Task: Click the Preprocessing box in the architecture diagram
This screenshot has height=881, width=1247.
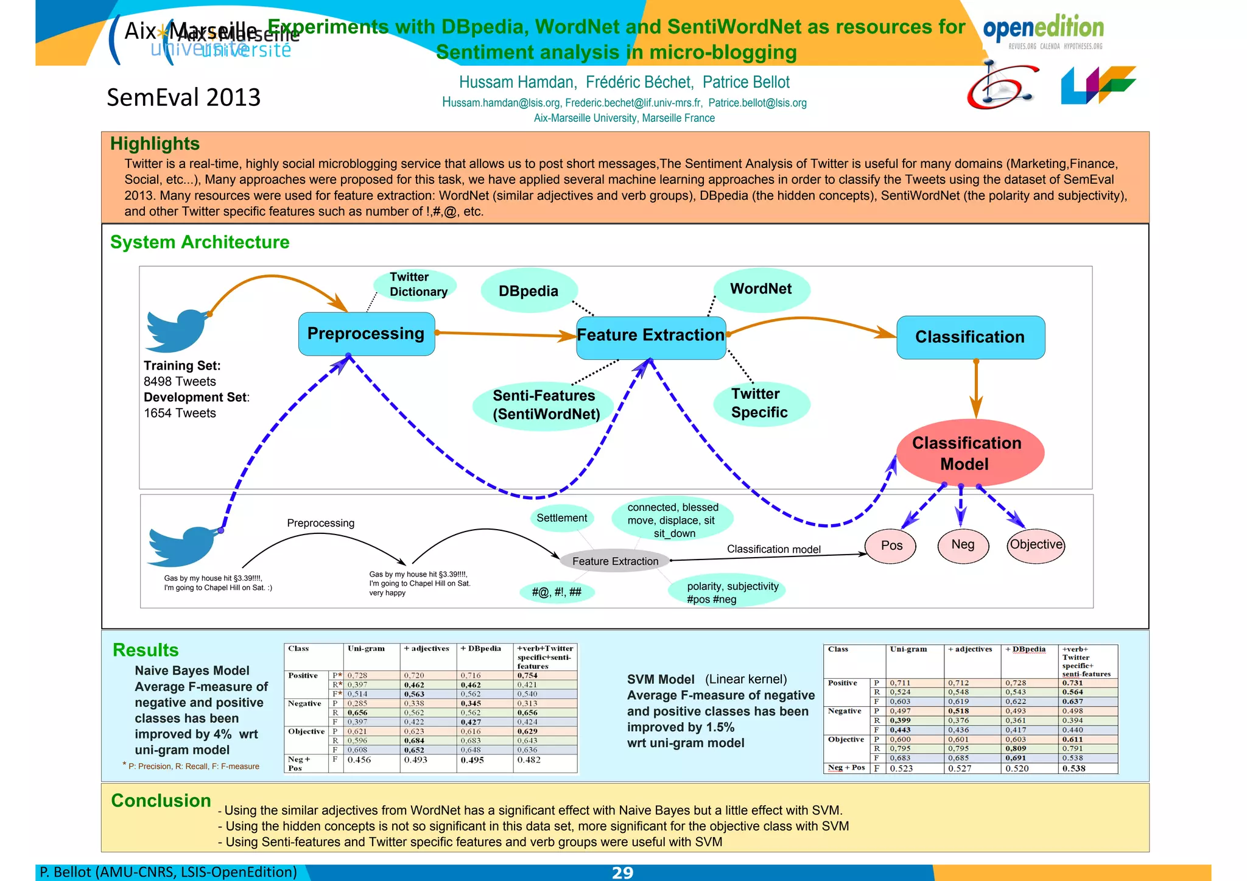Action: pyautogui.click(x=366, y=334)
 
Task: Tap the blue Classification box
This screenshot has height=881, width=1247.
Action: pyautogui.click(x=970, y=337)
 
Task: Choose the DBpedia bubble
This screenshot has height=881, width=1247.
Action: pyautogui.click(x=528, y=291)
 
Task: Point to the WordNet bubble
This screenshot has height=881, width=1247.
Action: pyautogui.click(x=761, y=289)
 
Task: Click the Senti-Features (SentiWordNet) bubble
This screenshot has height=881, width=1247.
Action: pyautogui.click(x=546, y=405)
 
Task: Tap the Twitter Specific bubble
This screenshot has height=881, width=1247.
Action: pyautogui.click(x=760, y=403)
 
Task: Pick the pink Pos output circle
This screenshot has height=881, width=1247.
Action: pyautogui.click(x=891, y=546)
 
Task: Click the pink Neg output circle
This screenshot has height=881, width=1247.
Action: pyautogui.click(x=963, y=545)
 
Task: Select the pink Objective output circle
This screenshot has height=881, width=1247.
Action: pyautogui.click(x=1036, y=545)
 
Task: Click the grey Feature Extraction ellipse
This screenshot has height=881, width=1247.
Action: pyautogui.click(x=615, y=561)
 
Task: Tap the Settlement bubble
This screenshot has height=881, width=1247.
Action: pyautogui.click(x=561, y=518)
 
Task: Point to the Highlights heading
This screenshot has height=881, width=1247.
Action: pyautogui.click(x=155, y=144)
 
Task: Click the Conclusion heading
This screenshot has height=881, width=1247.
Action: pyautogui.click(x=161, y=801)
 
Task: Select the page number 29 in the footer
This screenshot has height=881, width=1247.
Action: pyautogui.click(x=622, y=872)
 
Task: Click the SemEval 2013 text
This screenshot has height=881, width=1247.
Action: pyautogui.click(x=183, y=97)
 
